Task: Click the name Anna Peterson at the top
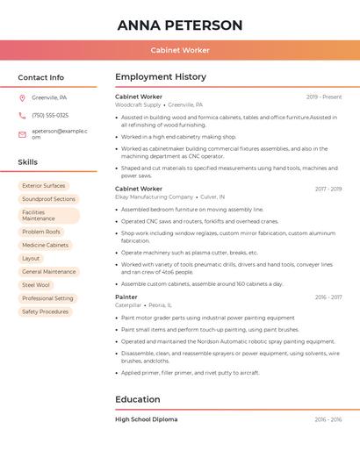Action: pos(180,25)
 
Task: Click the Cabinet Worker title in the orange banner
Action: pos(180,50)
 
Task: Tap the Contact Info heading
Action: pos(41,77)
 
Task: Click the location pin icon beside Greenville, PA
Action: pos(22,98)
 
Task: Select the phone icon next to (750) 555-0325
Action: pos(22,116)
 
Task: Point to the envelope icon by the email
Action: pos(22,134)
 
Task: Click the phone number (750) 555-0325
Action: pos(50,116)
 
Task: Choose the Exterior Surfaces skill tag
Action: pos(44,186)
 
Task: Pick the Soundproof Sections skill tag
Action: pos(48,199)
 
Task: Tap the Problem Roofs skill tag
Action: pos(41,232)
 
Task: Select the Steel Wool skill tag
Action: pos(36,285)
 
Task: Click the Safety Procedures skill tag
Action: pos(45,311)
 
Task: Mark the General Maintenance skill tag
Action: pos(49,272)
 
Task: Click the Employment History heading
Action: pos(161,77)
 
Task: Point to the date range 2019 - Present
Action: pos(324,97)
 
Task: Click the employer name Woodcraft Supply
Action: pos(138,104)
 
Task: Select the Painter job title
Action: pos(126,297)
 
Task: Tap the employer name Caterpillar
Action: pos(128,305)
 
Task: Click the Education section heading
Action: pos(138,400)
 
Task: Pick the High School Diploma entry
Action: pos(147,419)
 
